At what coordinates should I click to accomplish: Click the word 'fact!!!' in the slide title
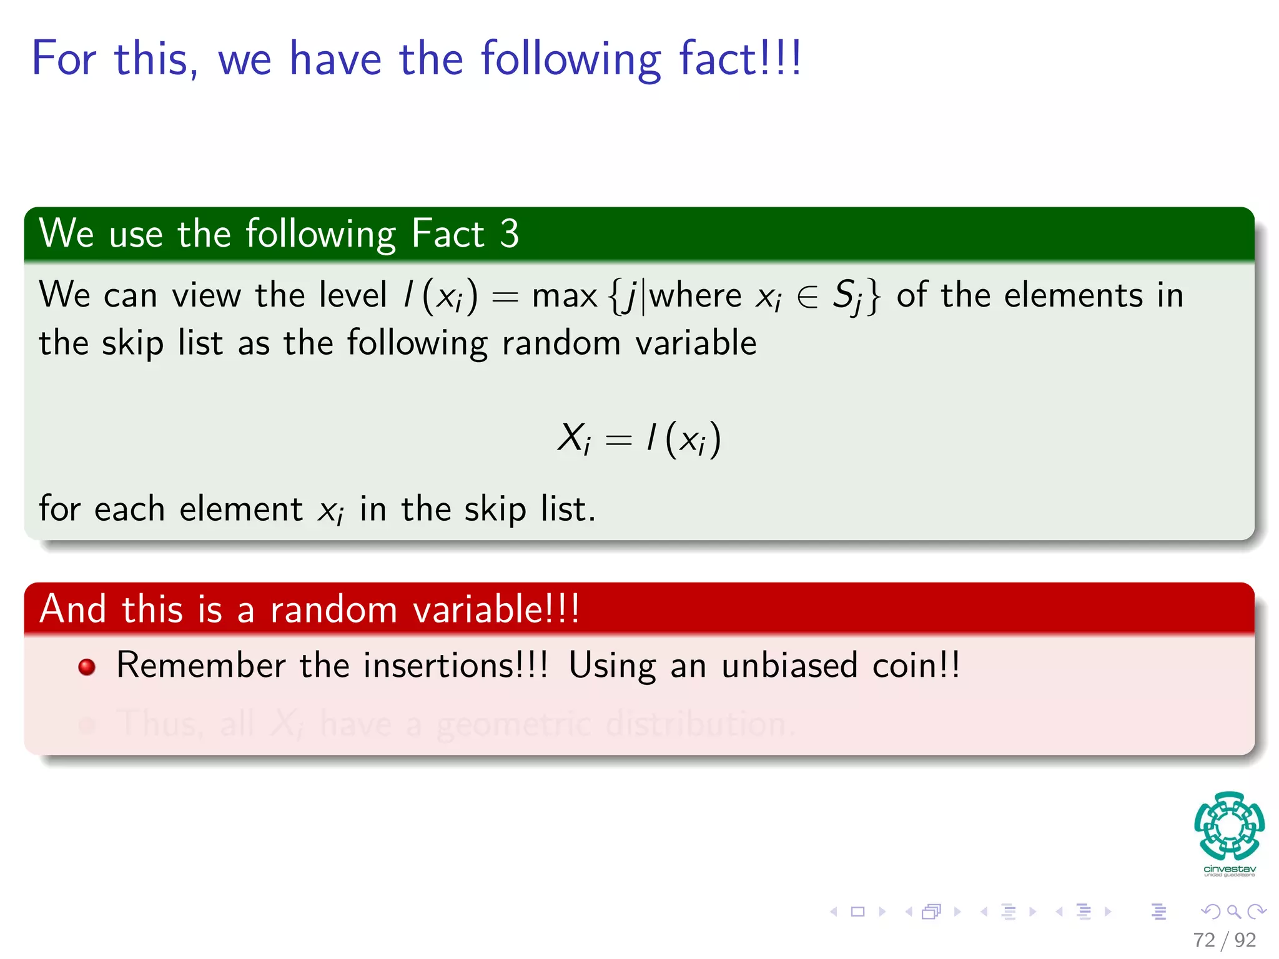pyautogui.click(x=740, y=59)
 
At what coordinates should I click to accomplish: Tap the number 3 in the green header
pyautogui.click(x=509, y=234)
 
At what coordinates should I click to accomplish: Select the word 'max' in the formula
pyautogui.click(x=564, y=295)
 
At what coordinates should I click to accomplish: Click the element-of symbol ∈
pyautogui.click(x=807, y=297)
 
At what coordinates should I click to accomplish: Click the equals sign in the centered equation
pyautogui.click(x=618, y=440)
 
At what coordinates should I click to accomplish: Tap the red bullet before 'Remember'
pyautogui.click(x=87, y=667)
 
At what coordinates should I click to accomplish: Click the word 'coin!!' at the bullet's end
pyautogui.click(x=916, y=665)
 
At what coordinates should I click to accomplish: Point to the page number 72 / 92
pyautogui.click(x=1224, y=940)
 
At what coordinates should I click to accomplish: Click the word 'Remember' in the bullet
pyautogui.click(x=201, y=665)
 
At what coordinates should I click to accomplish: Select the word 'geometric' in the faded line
pyautogui.click(x=513, y=724)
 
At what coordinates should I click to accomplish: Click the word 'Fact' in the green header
pyautogui.click(x=448, y=234)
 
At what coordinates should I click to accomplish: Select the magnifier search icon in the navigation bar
pyautogui.click(x=1233, y=912)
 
